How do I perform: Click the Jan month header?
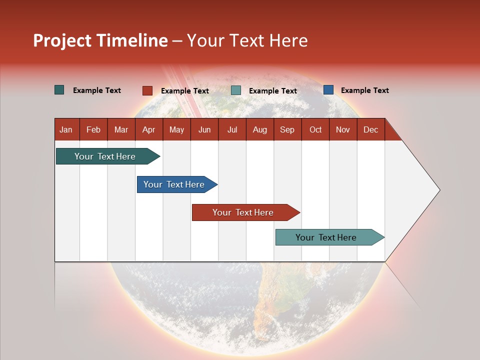[66, 129]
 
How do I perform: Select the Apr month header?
[148, 129]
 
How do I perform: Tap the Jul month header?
[232, 129]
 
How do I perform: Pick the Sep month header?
[287, 129]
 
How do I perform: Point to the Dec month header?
[370, 129]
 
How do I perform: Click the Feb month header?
[93, 129]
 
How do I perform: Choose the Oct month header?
[315, 129]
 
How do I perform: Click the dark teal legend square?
[59, 90]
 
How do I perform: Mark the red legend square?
[147, 90]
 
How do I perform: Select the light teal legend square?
[236, 90]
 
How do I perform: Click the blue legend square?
[328, 90]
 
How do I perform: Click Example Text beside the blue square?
[364, 90]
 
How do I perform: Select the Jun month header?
[204, 129]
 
